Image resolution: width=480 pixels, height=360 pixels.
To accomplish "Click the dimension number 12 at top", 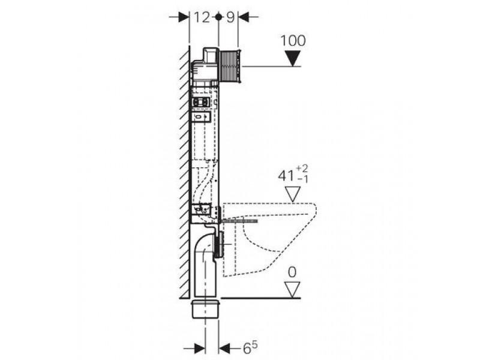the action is tap(202, 17).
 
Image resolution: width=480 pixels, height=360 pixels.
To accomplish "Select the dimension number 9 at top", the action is tap(230, 17).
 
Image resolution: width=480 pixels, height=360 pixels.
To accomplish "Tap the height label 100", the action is tap(293, 41).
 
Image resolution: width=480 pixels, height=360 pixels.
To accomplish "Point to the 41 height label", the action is tap(286, 176).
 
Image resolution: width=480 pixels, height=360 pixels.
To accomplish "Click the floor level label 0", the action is tap(292, 272).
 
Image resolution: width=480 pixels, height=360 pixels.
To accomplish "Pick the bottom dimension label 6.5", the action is tap(250, 348).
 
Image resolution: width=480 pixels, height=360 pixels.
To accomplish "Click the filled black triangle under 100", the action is tap(293, 58).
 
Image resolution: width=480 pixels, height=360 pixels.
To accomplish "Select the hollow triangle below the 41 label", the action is tap(293, 194).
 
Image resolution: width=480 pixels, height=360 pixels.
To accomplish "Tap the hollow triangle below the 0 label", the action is tap(293, 290).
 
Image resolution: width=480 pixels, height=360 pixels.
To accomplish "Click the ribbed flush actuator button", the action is tap(230, 66).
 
